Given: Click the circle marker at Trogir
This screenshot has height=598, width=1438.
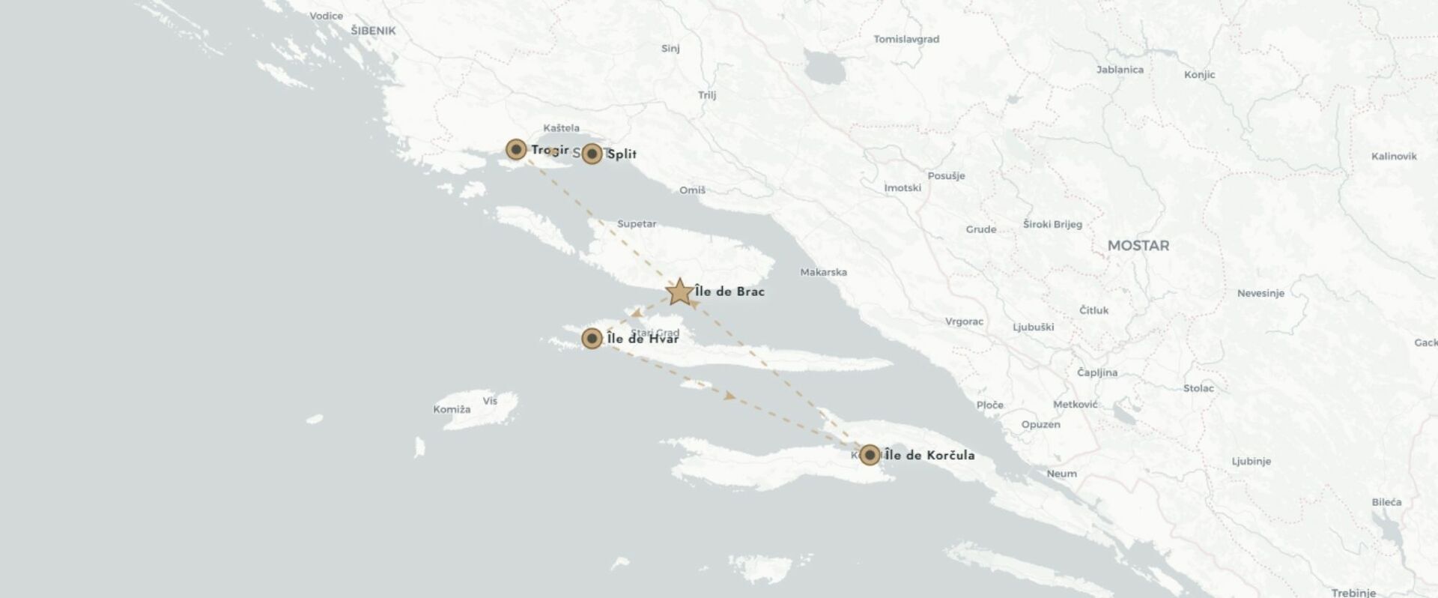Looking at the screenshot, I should coord(515,149).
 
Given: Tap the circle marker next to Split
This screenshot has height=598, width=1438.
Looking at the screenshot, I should coord(592,154).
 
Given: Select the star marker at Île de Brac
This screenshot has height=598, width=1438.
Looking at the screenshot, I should coord(679,292).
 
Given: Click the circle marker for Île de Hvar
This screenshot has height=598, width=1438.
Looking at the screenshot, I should coord(592,339).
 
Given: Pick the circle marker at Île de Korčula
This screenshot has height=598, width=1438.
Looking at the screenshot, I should coord(869,455).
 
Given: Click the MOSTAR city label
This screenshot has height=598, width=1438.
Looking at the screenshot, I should coord(1138,246).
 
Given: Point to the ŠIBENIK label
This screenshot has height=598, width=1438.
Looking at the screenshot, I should coord(373,31).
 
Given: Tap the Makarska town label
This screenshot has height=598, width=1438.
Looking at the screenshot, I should coord(823,272).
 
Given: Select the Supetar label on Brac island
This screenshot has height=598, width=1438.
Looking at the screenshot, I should coord(637,224).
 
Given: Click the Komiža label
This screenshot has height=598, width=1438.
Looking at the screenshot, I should coord(452,409).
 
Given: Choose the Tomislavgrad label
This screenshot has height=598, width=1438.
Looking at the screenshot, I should coord(906,39).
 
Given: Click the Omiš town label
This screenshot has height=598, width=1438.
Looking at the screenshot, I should coord(692,190).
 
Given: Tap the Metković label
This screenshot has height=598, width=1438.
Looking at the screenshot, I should coord(1075,405).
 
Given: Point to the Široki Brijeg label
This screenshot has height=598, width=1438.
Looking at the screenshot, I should coord(1052,224).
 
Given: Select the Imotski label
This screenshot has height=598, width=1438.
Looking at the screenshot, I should coord(902,187).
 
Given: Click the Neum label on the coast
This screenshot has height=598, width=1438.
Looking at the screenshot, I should coord(1061,474).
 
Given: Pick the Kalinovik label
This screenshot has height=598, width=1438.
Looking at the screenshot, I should coord(1394,157).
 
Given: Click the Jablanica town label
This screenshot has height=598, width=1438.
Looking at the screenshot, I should coord(1120,70).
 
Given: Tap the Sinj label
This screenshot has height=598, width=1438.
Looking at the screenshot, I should coord(670,49).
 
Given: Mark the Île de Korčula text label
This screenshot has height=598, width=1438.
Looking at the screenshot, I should coord(929,455).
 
